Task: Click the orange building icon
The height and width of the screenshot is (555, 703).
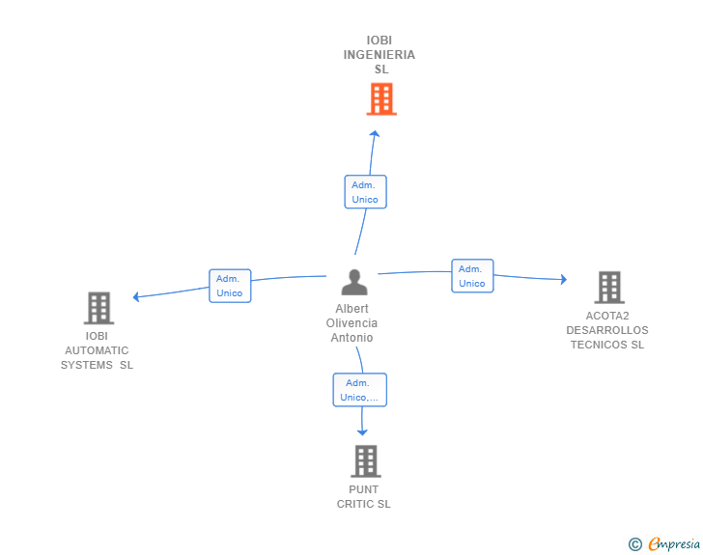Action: pos(381,99)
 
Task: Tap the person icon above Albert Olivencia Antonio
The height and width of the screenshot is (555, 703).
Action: pos(354,282)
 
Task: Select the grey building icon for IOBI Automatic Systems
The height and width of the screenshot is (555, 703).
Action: pos(99,308)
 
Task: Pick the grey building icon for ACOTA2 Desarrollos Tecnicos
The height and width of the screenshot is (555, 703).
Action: pos(609,288)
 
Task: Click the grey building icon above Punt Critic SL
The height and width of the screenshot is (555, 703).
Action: pos(366,461)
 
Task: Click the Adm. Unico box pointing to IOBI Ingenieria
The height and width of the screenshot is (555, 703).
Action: pos(365,192)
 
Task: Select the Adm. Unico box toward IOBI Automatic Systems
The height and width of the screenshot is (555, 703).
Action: pos(230,286)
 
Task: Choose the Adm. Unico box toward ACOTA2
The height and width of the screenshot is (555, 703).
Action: pos(472,276)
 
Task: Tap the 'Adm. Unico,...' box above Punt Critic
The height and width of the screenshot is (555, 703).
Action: pos(359,390)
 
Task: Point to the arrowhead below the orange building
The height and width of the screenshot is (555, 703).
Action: pos(375,133)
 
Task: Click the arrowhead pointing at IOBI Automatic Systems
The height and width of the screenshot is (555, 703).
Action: pos(136,296)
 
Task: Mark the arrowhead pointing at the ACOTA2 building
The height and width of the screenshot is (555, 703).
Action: pos(564,279)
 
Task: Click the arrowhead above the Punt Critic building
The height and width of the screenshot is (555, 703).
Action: pos(362,432)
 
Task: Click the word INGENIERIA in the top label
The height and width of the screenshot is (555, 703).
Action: pos(380,55)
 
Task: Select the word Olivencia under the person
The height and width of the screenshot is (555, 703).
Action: pos(351,322)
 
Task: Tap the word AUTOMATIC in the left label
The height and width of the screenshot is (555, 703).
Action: pos(97,350)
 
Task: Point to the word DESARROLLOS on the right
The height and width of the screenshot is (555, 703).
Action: pos(607,330)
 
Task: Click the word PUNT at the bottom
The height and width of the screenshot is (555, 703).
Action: pos(364,489)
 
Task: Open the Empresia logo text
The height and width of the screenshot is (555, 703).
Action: pos(674,543)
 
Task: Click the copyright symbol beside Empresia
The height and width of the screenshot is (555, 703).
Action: pos(635,544)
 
